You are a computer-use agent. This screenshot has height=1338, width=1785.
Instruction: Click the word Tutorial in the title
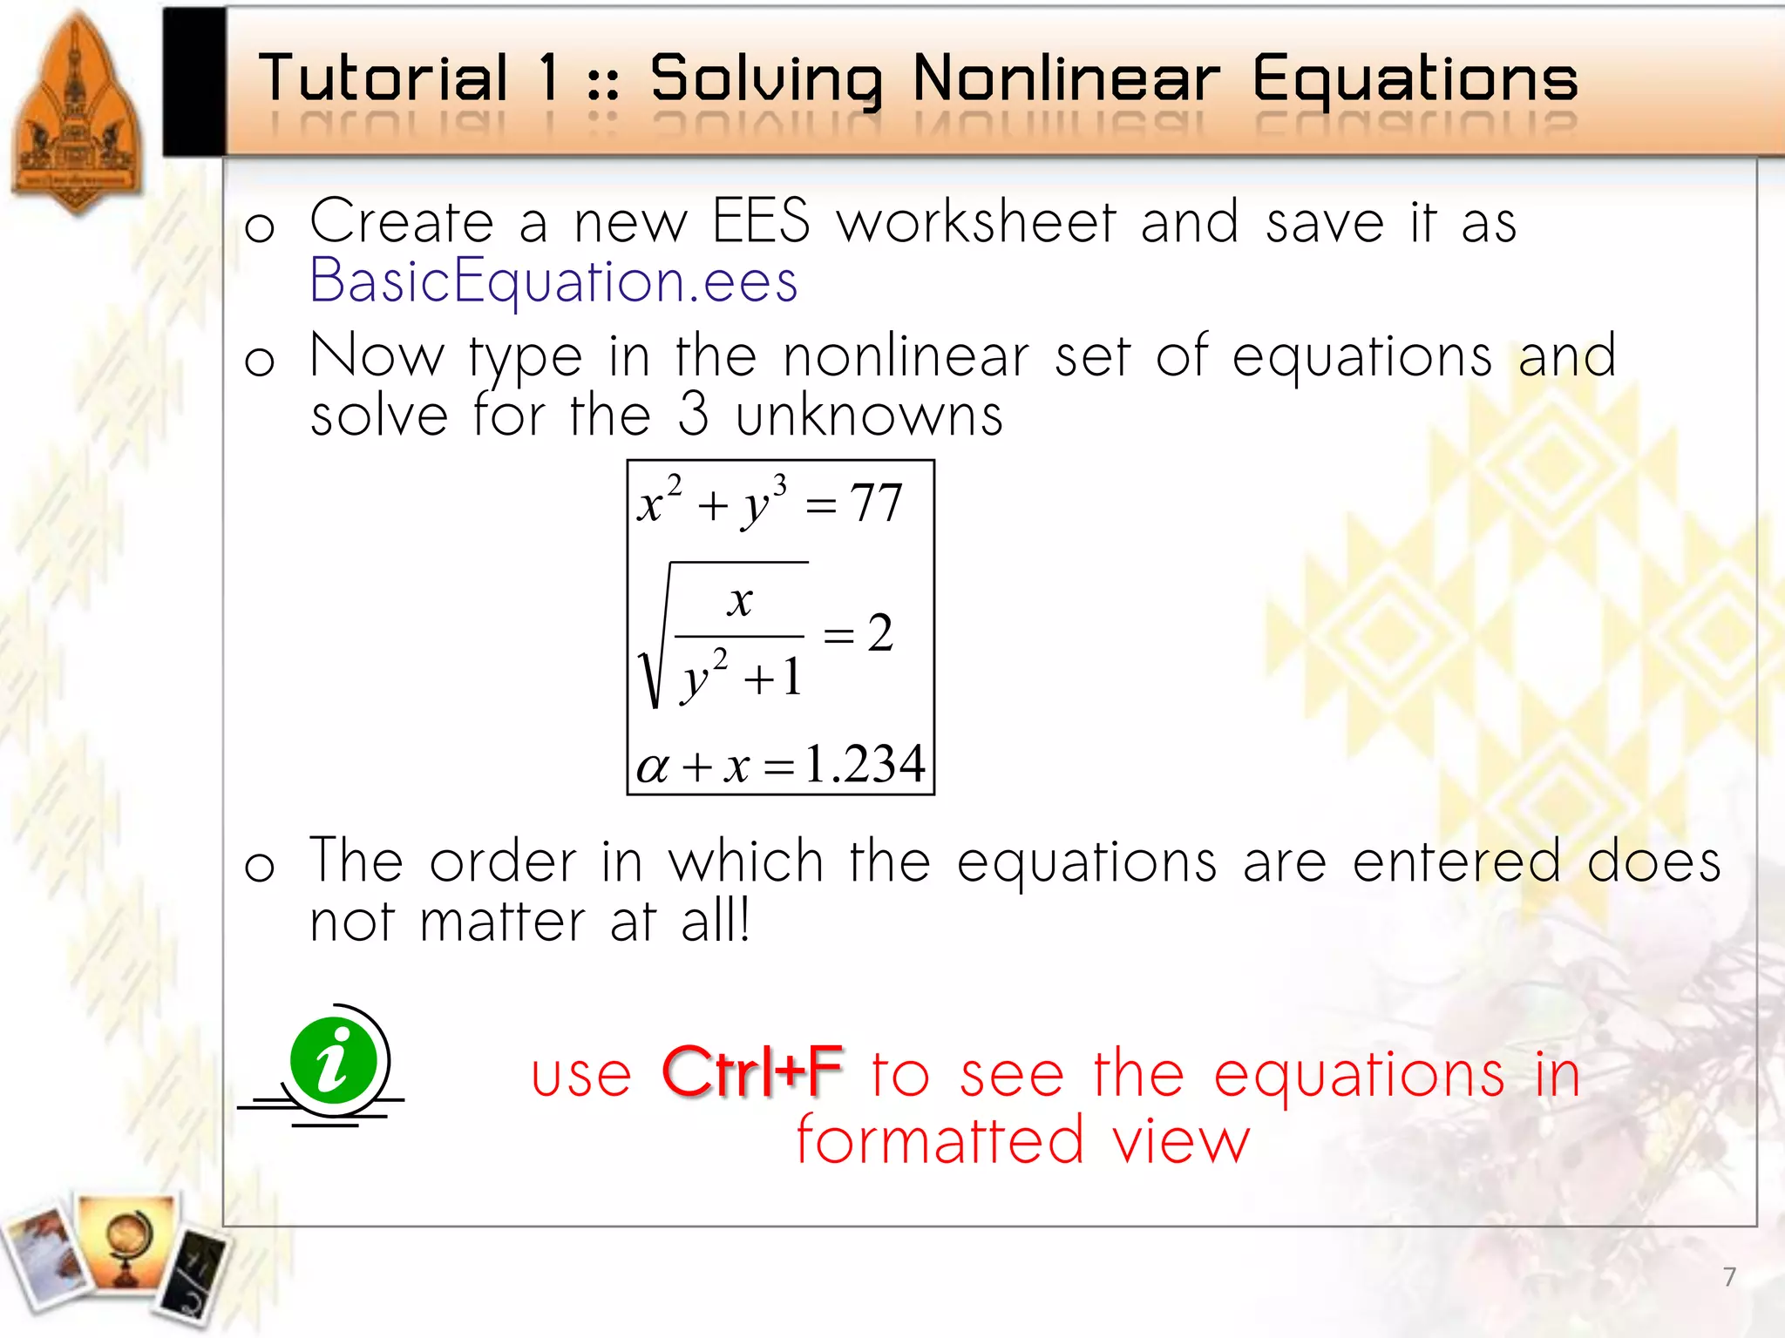tap(383, 78)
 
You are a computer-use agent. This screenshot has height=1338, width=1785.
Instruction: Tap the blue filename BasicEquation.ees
tap(554, 281)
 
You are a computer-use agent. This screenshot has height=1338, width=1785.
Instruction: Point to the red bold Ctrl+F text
tap(752, 1071)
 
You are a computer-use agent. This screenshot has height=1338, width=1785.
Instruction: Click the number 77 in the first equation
tap(876, 503)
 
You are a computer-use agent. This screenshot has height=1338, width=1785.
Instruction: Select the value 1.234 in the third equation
tap(865, 765)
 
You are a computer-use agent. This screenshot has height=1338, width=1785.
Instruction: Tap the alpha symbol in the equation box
tap(652, 767)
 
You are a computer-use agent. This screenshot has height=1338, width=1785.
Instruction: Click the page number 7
tap(1729, 1276)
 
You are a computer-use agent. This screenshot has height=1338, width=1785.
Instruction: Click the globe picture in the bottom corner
tap(126, 1241)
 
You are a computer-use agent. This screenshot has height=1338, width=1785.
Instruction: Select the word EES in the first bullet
tap(761, 221)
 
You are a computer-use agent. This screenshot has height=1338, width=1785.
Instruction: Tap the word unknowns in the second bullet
tap(869, 416)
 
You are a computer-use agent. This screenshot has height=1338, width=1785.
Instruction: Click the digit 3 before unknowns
tap(693, 415)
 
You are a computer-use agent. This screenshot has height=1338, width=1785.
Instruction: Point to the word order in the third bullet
tap(503, 862)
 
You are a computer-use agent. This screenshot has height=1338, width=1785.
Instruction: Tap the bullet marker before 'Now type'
tap(260, 360)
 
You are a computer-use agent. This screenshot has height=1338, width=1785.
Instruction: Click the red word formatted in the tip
tap(940, 1140)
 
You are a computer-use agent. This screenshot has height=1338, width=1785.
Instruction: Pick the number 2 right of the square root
tap(880, 632)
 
